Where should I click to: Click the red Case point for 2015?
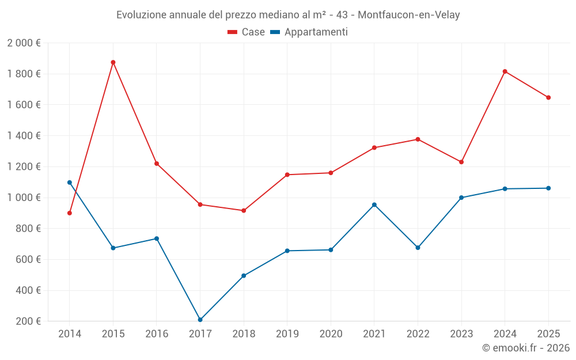[113, 62]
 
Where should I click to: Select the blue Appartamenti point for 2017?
[200, 320]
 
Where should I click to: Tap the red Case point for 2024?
[505, 71]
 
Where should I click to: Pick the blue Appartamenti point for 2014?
[70, 183]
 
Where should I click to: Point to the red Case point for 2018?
[244, 211]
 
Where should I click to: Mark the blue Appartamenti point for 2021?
[374, 204]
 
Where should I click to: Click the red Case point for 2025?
[548, 97]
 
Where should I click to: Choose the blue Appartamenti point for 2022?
[418, 248]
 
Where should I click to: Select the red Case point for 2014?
[70, 213]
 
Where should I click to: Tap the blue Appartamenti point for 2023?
[461, 198]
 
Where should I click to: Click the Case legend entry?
[247, 32]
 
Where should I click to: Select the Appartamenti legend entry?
[309, 32]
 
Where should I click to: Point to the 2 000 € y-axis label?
[24, 43]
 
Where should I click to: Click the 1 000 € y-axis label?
[24, 198]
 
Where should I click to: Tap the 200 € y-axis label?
[27, 321]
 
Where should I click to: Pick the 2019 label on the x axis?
[287, 334]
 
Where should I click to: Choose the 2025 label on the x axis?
[548, 334]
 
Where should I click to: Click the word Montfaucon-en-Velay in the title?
[408, 15]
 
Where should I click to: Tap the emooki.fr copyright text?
[525, 348]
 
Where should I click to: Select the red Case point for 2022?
[418, 139]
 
